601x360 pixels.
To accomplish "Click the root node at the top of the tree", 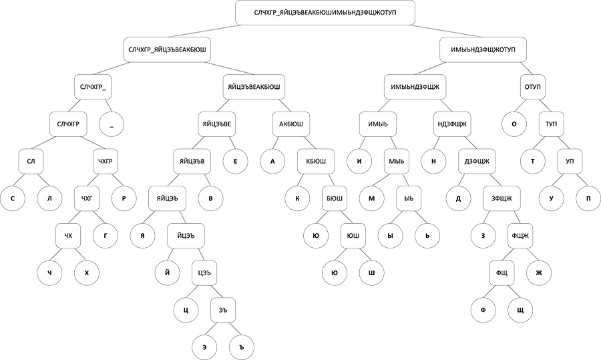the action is pos(325,13).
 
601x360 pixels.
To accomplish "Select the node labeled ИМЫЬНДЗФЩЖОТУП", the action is pos(483,50).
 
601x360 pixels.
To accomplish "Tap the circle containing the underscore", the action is pos(112,124).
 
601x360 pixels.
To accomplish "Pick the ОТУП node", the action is pos(532,87).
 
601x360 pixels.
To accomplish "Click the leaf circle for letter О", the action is pos(514,124).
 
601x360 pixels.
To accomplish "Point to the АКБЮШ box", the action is pos(291,124).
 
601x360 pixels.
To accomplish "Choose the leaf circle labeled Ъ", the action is pos(242,347).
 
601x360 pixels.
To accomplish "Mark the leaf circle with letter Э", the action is pos(204,347).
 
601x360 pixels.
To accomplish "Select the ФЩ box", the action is pos(502,273).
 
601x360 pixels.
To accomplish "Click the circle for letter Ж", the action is pos(539,273).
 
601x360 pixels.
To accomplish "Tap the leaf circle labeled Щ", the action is pos(520,310).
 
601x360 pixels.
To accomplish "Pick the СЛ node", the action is pos(31,162).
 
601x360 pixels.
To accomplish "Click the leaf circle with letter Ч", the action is pos(49,273).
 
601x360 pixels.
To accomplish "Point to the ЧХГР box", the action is pos(106,162).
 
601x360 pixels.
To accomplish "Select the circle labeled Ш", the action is pos(371,273).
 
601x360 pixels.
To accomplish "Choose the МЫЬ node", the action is pos(396,162).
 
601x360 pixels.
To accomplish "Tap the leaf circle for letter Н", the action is pos(433,162).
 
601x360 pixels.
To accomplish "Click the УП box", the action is pos(570,162).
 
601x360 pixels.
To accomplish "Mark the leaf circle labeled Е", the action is pos(235,162).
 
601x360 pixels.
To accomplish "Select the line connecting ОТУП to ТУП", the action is pos(542,106).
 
